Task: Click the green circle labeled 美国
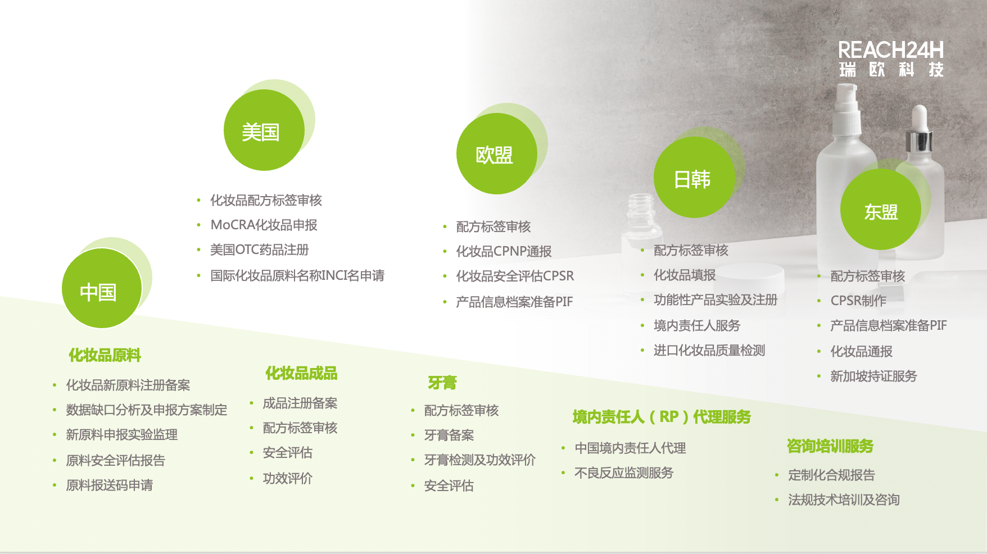264,130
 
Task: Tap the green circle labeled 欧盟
497,153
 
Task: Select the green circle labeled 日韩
694,177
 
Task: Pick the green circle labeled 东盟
881,210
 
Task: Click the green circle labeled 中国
102,288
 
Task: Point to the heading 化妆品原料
105,355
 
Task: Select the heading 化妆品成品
301,373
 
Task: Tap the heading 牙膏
442,383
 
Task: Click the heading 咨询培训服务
830,446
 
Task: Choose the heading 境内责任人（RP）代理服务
662,417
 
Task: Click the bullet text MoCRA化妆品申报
264,225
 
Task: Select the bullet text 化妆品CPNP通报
504,251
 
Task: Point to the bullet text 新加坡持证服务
873,376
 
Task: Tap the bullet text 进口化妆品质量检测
709,351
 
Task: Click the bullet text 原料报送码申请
109,485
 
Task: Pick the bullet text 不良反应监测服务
624,473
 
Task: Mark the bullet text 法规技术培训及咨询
844,499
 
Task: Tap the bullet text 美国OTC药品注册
259,249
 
